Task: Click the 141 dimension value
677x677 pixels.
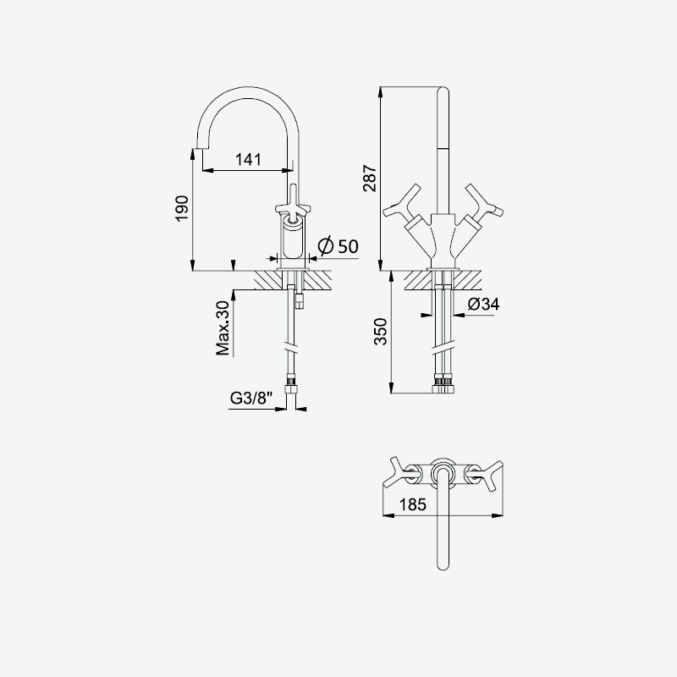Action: [x=248, y=159]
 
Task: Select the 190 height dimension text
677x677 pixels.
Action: [x=182, y=208]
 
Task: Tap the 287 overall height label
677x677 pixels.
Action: [x=370, y=178]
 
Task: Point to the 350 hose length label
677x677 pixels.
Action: [x=380, y=331]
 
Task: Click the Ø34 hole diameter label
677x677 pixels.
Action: [x=483, y=304]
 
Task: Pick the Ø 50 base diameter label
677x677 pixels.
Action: [x=338, y=246]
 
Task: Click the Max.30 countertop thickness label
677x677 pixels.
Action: [x=223, y=328]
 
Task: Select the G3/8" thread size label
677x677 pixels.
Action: [x=251, y=398]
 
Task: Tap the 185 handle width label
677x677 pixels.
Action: [x=412, y=504]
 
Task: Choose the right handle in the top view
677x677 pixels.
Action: [x=484, y=475]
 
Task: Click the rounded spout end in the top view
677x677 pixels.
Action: [x=443, y=564]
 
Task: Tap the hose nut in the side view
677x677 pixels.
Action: [x=291, y=387]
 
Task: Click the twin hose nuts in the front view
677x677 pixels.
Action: [x=443, y=386]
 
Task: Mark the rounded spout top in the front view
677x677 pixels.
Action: [x=443, y=91]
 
